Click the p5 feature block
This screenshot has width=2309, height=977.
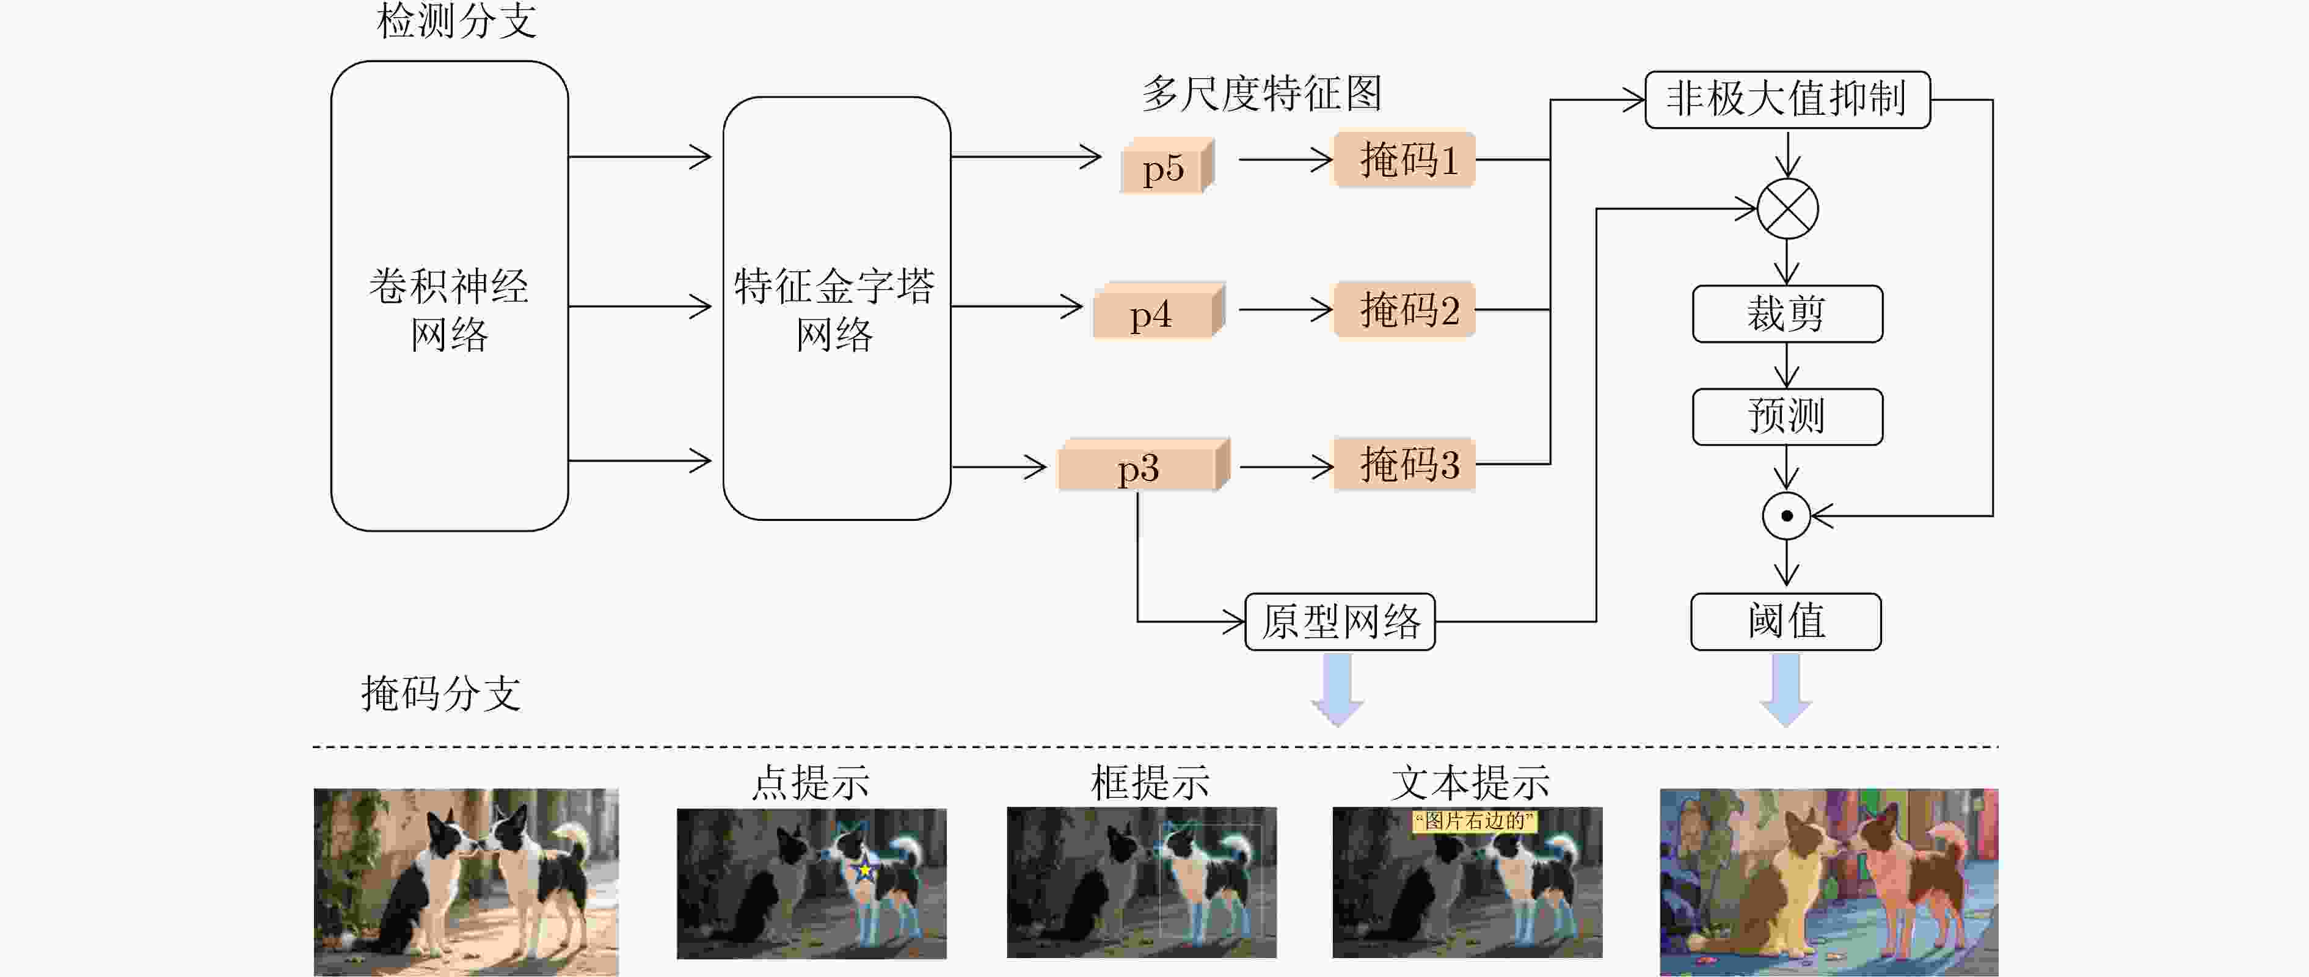[x=1166, y=166]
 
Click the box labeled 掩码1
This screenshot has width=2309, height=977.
[x=1404, y=159]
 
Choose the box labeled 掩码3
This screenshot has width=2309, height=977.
[x=1404, y=464]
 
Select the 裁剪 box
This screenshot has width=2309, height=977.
[x=1787, y=314]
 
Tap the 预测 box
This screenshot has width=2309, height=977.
[x=1787, y=416]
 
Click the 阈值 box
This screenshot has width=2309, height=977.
[x=1786, y=621]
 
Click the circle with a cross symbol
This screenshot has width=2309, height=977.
[x=1787, y=209]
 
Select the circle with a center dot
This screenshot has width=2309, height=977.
[x=1787, y=515]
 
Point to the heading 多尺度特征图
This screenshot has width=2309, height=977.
[x=1261, y=93]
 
